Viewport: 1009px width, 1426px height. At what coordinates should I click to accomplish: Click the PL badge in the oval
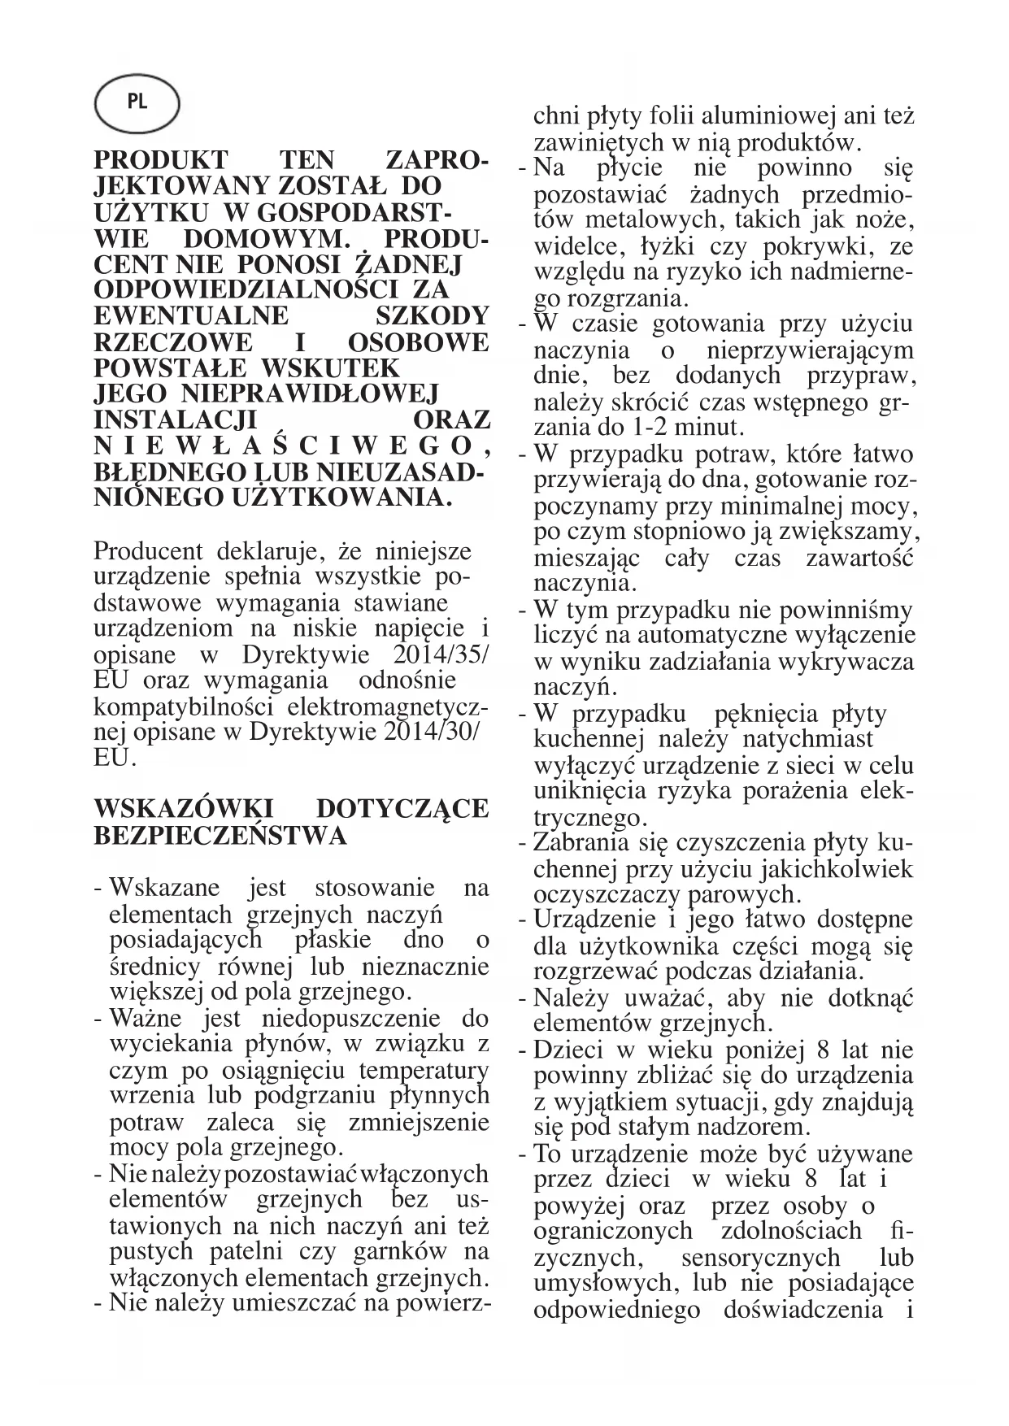[137, 103]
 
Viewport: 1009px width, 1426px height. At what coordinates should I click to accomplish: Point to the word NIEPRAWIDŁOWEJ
[308, 394]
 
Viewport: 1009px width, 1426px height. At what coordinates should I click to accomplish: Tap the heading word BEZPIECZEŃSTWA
[220, 836]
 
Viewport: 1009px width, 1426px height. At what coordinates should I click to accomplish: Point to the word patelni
[247, 1252]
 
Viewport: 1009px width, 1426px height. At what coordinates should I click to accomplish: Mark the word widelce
[573, 246]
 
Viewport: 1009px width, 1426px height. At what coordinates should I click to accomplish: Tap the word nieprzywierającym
[811, 350]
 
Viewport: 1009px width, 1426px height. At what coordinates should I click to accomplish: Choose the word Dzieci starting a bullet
[566, 1050]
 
